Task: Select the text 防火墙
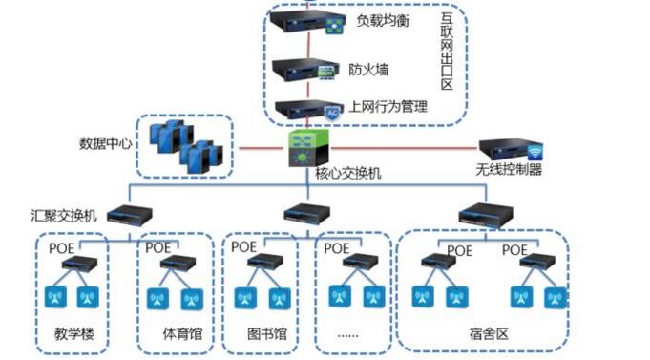368,70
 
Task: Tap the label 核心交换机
348,174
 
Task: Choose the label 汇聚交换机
64,216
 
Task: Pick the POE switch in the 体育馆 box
178,261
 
